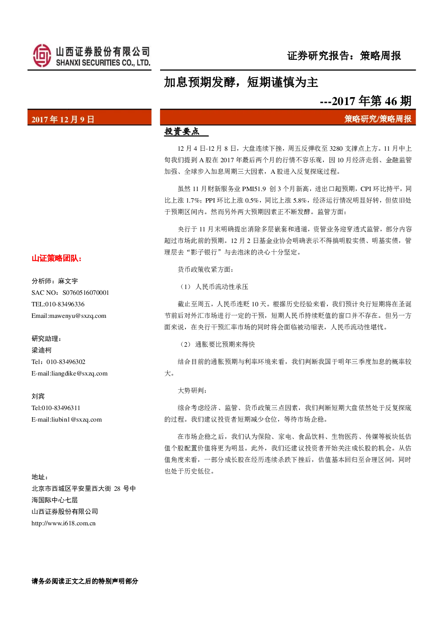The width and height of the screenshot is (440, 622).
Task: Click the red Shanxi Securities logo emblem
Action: point(42,55)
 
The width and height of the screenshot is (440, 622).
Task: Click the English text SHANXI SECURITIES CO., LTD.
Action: point(103,63)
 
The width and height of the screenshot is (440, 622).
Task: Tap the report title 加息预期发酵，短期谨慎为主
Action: point(241,82)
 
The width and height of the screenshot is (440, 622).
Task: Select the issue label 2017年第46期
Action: point(372,101)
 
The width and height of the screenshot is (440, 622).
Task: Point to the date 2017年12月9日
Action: point(63,119)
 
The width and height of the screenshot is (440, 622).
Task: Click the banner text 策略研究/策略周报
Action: point(378,119)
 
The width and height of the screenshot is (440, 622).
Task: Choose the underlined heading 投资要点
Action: point(182,131)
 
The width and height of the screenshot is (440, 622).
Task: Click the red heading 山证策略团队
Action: point(56,258)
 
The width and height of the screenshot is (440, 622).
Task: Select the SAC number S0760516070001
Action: point(86,293)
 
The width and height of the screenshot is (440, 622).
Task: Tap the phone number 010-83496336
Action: point(65,304)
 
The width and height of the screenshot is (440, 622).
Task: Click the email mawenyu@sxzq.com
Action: point(78,316)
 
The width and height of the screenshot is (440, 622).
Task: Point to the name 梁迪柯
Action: point(41,350)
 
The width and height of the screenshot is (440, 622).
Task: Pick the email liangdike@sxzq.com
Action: point(79,373)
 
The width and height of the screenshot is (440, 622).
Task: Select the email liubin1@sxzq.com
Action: point(77,419)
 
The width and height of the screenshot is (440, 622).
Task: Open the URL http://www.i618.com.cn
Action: point(63,524)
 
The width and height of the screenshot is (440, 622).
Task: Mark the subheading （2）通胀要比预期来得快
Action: point(216,344)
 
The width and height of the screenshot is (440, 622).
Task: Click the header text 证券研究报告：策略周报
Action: point(344,56)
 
